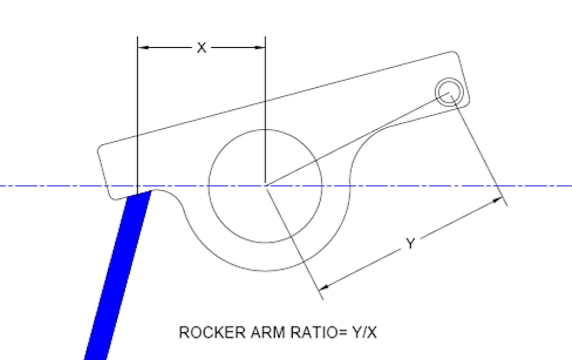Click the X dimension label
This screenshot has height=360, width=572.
202,48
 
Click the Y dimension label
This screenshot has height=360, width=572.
410,244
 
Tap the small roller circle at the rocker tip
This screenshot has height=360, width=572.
449,91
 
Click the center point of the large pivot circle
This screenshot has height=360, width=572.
266,185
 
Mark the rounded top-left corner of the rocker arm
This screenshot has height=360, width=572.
102,148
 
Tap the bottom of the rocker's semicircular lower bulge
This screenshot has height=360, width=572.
266,271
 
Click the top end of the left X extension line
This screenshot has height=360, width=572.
137,37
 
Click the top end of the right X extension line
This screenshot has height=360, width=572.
266,37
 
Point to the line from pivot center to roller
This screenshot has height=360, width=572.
357,138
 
